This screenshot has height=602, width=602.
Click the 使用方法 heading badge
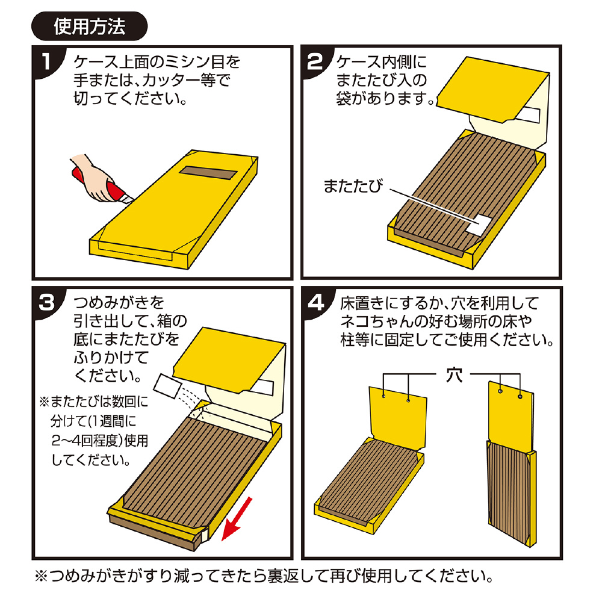[x=89, y=26]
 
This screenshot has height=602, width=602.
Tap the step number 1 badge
[x=47, y=61]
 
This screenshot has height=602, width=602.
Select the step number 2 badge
[x=315, y=61]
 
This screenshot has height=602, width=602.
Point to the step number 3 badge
[x=47, y=303]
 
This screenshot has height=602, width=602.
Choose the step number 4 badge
[x=315, y=303]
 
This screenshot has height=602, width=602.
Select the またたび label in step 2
[x=353, y=186]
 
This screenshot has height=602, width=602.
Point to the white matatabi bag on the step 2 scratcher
[x=480, y=225]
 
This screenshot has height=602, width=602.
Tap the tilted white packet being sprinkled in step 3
[x=167, y=386]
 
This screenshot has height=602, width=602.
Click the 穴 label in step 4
[x=454, y=375]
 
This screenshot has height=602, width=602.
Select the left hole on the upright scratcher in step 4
[x=500, y=391]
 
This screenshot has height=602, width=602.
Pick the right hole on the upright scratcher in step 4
[x=520, y=396]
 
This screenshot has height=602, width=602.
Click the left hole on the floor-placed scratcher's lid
[x=383, y=396]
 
